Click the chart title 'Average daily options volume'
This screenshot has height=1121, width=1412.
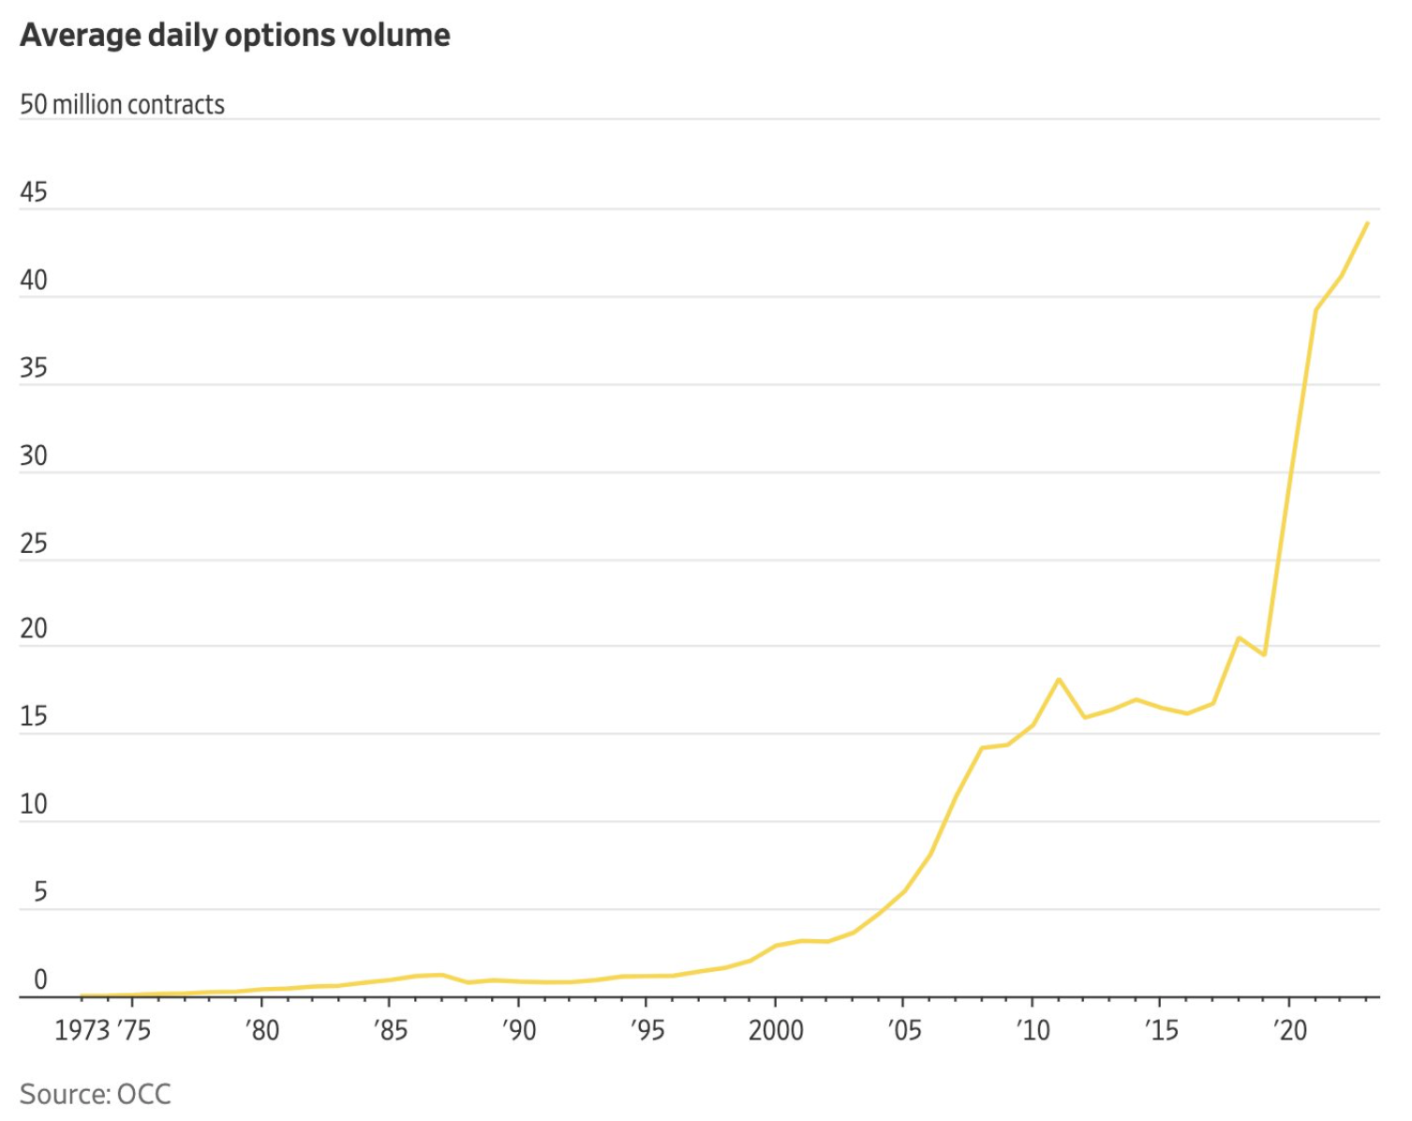click(x=235, y=36)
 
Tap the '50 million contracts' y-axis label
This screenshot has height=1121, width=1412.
click(x=123, y=104)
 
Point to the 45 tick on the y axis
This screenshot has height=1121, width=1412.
click(x=34, y=192)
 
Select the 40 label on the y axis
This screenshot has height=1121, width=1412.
click(x=34, y=280)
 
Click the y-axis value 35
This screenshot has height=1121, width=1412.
click(x=34, y=367)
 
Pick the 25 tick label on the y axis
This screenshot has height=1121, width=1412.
click(x=34, y=544)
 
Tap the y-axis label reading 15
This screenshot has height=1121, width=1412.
click(x=34, y=717)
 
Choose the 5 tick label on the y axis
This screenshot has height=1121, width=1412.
click(x=40, y=891)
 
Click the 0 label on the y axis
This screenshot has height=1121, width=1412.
click(x=40, y=979)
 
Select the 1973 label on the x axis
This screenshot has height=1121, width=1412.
click(x=82, y=1031)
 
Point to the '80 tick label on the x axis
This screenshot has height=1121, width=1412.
click(x=262, y=1031)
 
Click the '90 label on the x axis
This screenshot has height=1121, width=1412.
click(x=518, y=1031)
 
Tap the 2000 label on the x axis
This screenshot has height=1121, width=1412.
click(x=776, y=1031)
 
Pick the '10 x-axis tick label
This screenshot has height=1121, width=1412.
click(x=1033, y=1031)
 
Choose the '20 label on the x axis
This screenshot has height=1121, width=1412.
click(x=1290, y=1031)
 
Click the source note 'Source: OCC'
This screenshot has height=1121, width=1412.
click(x=96, y=1094)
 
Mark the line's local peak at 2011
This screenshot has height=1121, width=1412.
click(x=1059, y=679)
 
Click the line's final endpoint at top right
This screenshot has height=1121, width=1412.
click(x=1368, y=223)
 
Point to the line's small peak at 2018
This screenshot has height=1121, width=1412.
click(x=1239, y=638)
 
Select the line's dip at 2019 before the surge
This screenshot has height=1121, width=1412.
click(x=1265, y=654)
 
